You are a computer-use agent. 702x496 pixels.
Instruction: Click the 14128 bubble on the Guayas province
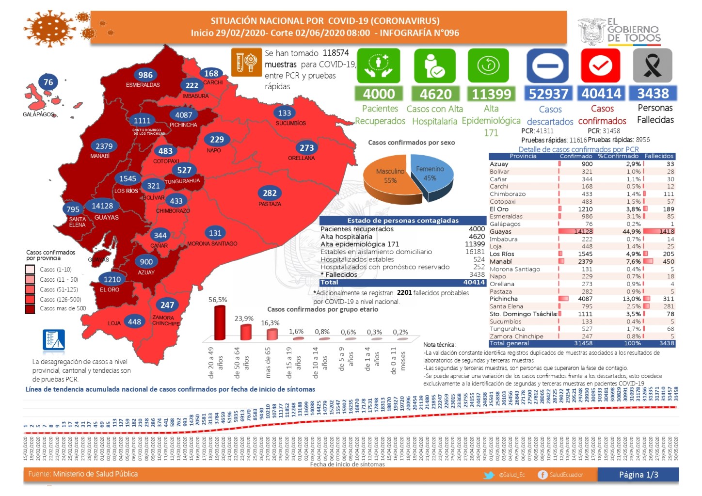tap(102, 206)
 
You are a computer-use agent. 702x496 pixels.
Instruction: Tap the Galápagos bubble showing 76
tap(48, 82)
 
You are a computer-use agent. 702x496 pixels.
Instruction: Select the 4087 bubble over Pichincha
tap(184, 115)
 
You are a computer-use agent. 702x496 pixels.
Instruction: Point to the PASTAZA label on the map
tap(270, 204)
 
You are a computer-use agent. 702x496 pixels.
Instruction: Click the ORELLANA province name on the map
tap(301, 158)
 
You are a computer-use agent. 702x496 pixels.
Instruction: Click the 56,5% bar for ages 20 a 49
tap(220, 322)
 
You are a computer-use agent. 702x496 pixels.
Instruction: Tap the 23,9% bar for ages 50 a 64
tap(246, 332)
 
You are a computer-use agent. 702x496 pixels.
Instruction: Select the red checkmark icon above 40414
tap(600, 65)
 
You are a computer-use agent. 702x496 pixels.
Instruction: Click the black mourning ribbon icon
tap(653, 65)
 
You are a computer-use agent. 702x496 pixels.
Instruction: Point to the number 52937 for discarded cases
tap(548, 94)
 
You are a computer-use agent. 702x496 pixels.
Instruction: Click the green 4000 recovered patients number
tap(379, 94)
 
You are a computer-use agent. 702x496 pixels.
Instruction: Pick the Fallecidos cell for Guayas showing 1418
tap(667, 231)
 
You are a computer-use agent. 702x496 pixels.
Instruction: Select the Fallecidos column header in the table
tap(659, 156)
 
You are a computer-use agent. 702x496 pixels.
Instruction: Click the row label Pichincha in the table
tap(504, 299)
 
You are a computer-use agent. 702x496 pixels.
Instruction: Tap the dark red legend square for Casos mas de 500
tap(30, 308)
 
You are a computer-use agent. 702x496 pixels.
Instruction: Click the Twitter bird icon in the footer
tap(489, 475)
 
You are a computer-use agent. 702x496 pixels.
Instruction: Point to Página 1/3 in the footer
tap(638, 475)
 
